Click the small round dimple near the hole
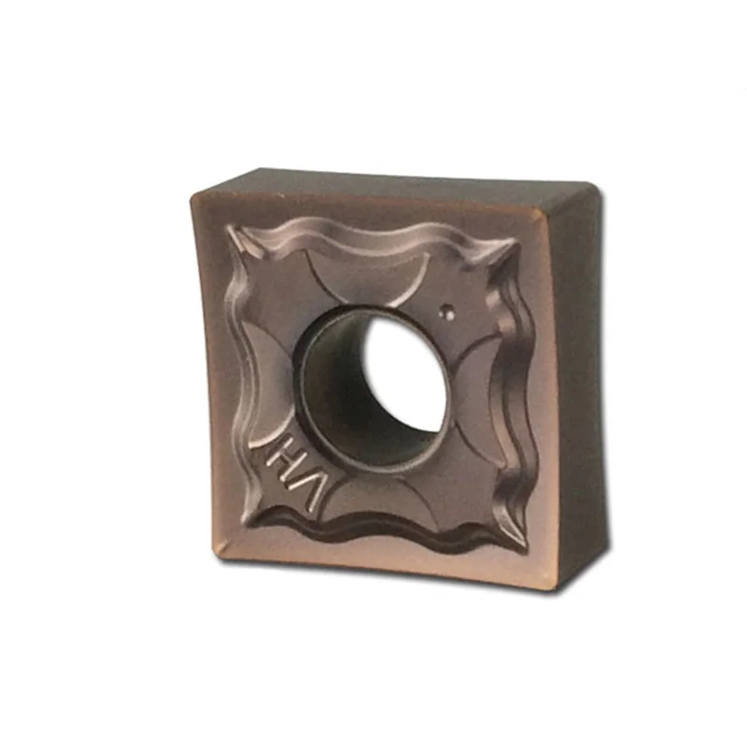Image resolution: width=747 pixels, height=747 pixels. click(x=447, y=311)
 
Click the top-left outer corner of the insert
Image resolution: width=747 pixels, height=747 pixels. click(x=192, y=196)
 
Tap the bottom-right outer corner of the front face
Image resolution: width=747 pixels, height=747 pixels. click(x=561, y=587)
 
